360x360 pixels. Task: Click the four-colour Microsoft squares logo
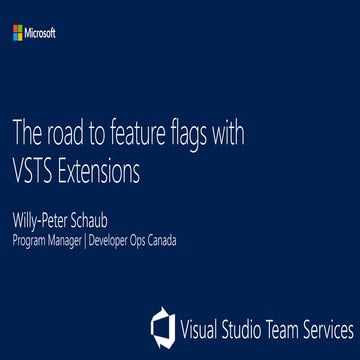18,33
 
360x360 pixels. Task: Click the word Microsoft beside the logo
41,33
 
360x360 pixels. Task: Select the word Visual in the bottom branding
205,327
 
